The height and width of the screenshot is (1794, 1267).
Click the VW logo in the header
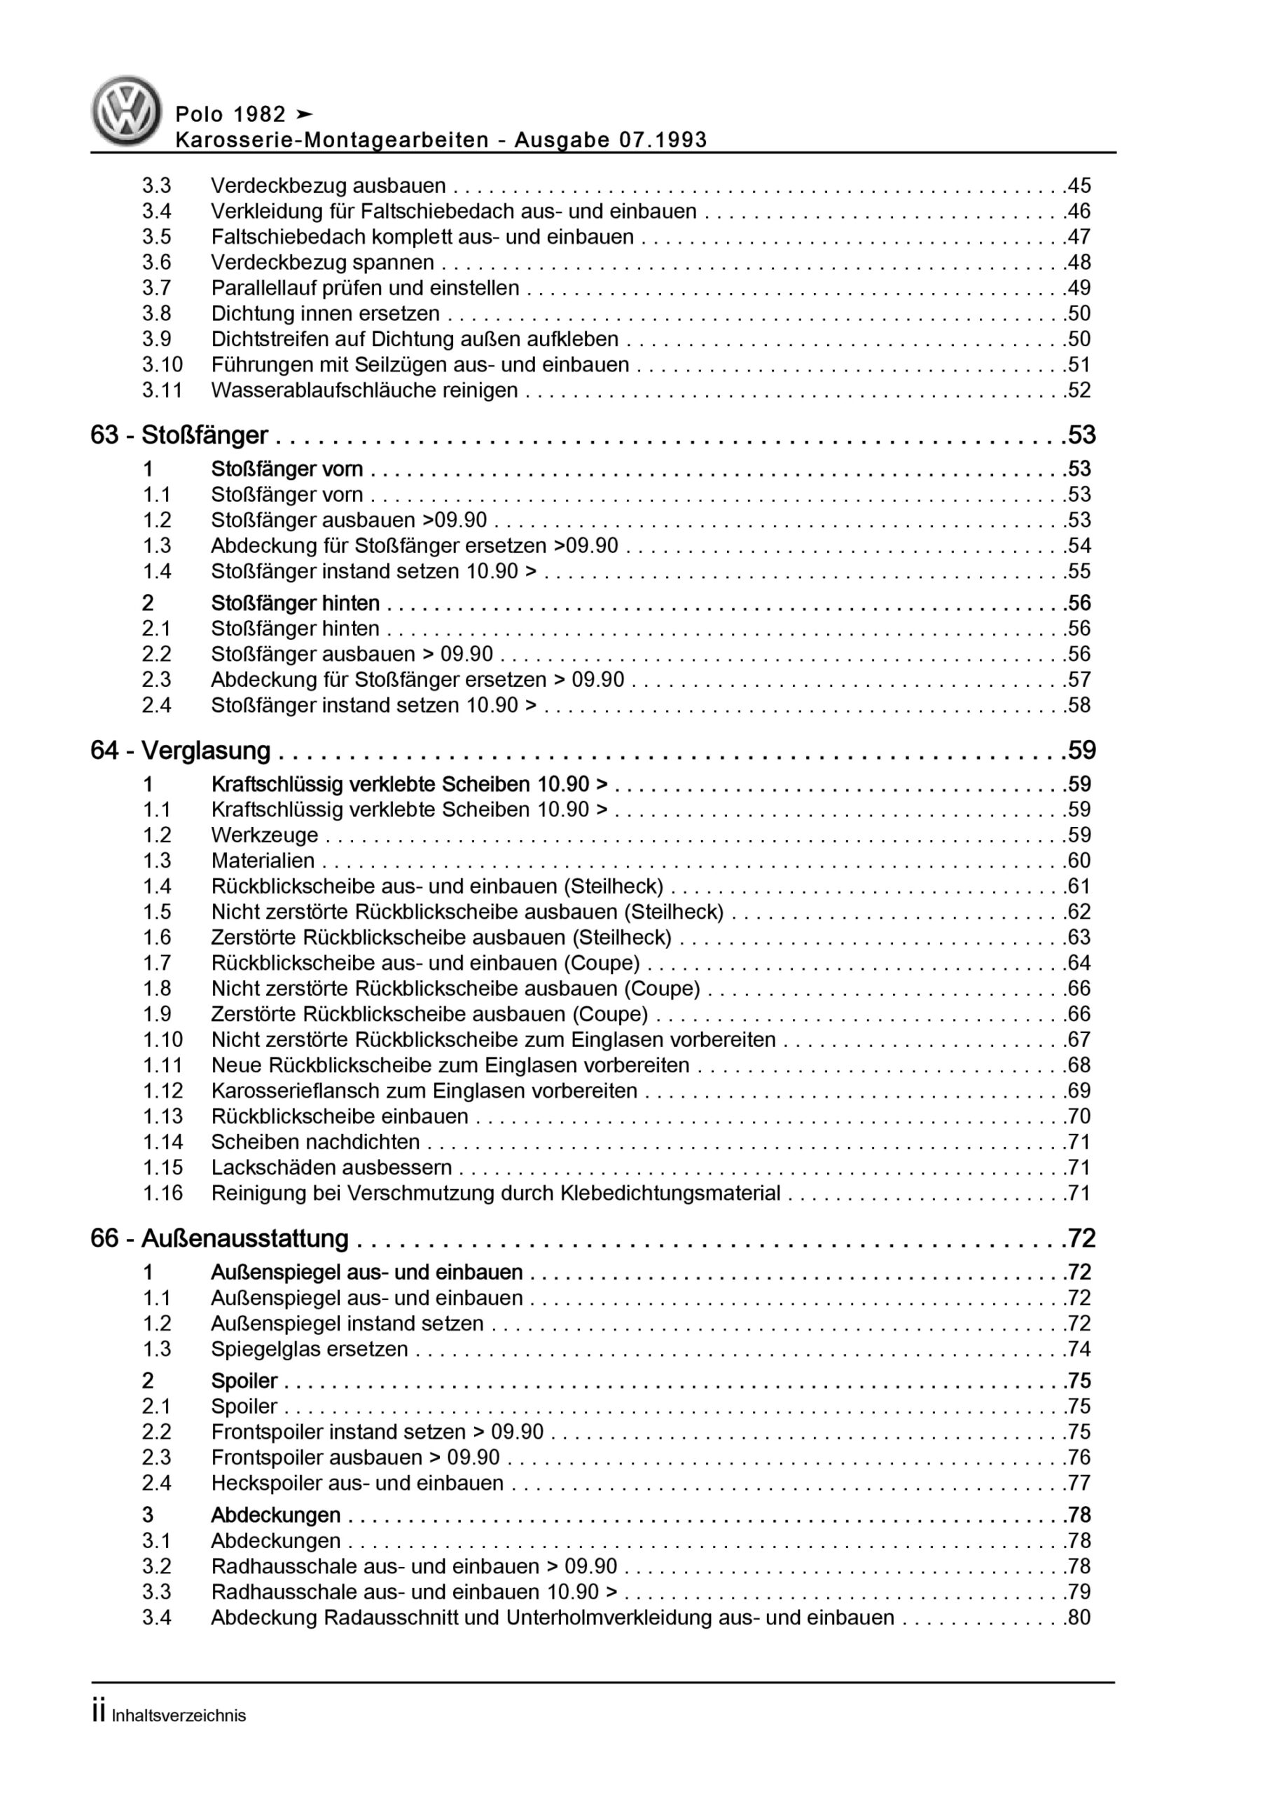pyautogui.click(x=126, y=110)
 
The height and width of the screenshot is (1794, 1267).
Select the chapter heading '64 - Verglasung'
pyautogui.click(x=181, y=750)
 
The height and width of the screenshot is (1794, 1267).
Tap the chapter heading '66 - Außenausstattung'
pyautogui.click(x=219, y=1238)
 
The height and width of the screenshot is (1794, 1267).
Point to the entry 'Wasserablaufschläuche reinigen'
pyautogui.click(x=364, y=390)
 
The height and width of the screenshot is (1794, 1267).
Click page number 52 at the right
pyautogui.click(x=1078, y=390)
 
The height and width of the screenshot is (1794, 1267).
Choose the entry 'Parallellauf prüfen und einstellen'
pyautogui.click(x=365, y=287)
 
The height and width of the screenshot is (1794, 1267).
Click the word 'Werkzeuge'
pyautogui.click(x=265, y=835)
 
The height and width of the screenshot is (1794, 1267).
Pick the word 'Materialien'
pyautogui.click(x=263, y=861)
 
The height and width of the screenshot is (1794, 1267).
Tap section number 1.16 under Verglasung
pyautogui.click(x=162, y=1193)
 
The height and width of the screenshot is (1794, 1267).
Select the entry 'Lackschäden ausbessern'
pyautogui.click(x=331, y=1168)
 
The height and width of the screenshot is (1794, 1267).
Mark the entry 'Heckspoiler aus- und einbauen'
pyautogui.click(x=357, y=1483)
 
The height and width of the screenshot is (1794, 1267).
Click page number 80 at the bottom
pyautogui.click(x=1078, y=1617)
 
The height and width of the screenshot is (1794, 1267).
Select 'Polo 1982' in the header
pyautogui.click(x=230, y=115)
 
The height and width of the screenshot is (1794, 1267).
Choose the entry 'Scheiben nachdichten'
pyautogui.click(x=316, y=1142)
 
